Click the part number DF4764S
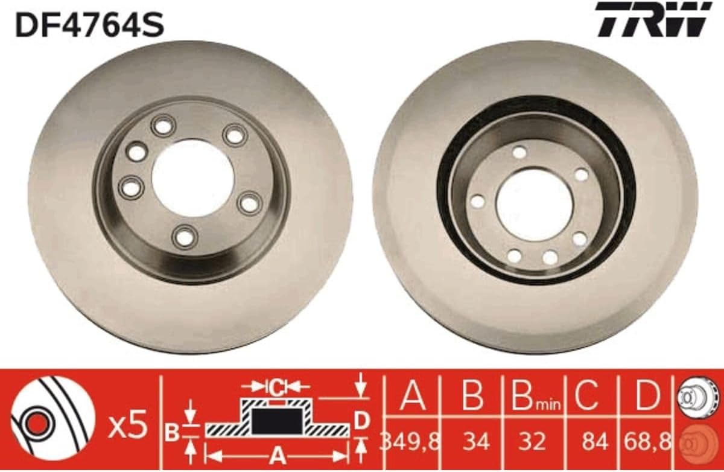pos(90,24)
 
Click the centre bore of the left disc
pos(192,178)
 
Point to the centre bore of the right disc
pos(533,206)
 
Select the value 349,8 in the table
pos(410,442)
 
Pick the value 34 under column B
pos(476,442)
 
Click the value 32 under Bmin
pos(532,442)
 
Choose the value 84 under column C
pos(595,442)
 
